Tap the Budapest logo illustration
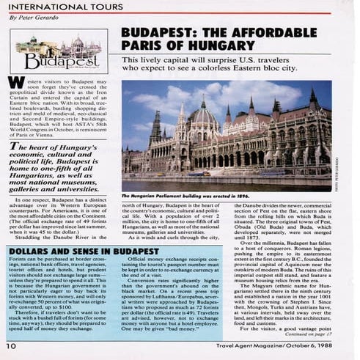(x=58, y=53)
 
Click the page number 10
(x=12, y=345)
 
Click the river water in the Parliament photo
(x=220, y=166)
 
